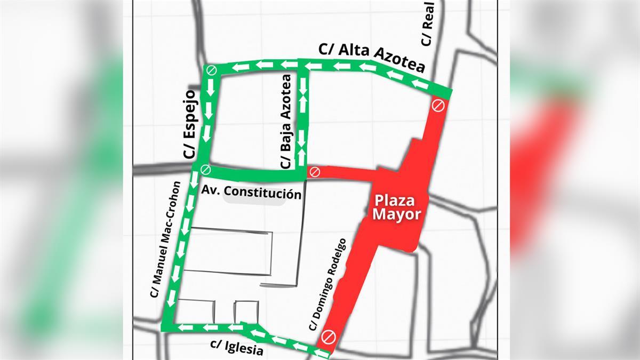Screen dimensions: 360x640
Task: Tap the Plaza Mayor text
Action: [x=397, y=208]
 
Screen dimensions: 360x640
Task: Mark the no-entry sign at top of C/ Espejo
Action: [x=211, y=70]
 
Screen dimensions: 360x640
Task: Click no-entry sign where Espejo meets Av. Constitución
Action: [x=205, y=170]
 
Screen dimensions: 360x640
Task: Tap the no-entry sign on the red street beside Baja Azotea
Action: [x=315, y=172]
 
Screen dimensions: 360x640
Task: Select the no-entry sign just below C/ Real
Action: [x=438, y=105]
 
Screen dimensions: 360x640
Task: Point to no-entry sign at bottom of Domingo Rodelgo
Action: [x=327, y=337]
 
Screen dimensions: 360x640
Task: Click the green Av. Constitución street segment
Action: [x=251, y=173]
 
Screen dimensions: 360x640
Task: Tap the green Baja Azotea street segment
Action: [x=303, y=117]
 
